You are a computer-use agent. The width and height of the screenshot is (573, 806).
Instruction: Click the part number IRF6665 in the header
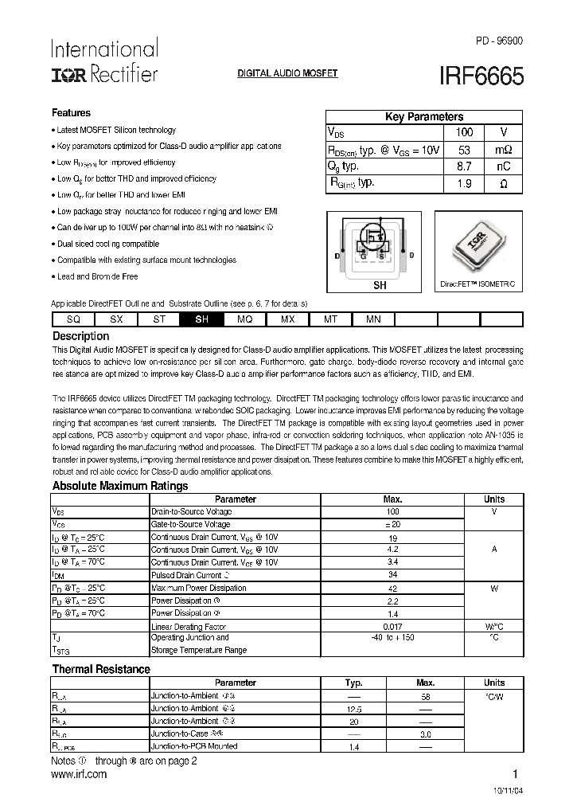coord(481,76)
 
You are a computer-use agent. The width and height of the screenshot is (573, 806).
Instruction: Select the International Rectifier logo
coord(104,61)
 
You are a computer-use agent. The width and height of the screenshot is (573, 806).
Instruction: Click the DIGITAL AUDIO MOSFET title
coord(288,73)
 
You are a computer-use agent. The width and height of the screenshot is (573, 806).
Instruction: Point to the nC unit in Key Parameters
coord(503,166)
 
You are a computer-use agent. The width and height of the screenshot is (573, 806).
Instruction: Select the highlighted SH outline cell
coord(202,319)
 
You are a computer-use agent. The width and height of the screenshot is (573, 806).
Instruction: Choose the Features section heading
coord(71,113)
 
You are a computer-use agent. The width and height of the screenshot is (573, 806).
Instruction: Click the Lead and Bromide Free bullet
coord(97,276)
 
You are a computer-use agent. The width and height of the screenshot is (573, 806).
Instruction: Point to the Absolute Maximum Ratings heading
coord(119,486)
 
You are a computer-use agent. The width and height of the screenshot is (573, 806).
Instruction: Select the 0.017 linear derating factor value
coord(392,626)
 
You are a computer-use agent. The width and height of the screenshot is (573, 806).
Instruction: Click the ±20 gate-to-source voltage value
coord(392,525)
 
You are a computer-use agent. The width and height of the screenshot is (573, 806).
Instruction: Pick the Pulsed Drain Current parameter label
coord(186,575)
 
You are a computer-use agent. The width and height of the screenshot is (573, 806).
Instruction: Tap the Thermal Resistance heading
coord(100,670)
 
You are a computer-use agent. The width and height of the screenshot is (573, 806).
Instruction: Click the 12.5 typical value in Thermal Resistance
coord(353,708)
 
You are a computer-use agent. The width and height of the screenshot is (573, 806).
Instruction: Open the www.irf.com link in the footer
coord(79,773)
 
